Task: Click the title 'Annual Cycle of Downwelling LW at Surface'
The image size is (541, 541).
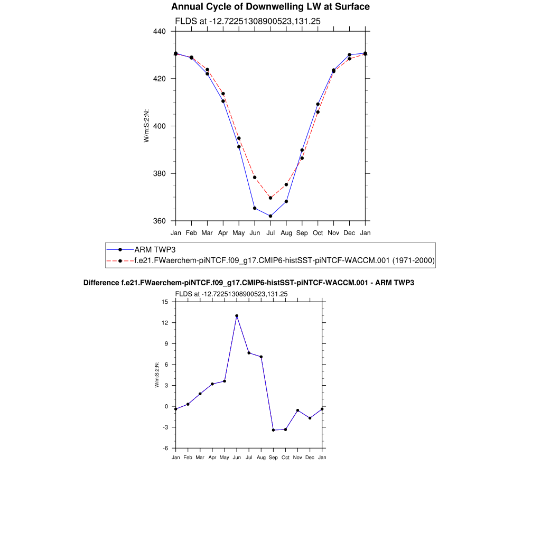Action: (x=270, y=7)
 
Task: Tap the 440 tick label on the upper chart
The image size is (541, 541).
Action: (x=160, y=31)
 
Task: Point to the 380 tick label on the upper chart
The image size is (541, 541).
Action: (x=160, y=173)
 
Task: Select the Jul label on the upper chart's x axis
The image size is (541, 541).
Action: (x=270, y=232)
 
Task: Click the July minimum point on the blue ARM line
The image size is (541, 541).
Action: (x=270, y=216)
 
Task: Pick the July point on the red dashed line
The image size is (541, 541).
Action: (x=270, y=198)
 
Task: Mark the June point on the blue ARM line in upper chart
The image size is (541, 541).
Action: (x=255, y=208)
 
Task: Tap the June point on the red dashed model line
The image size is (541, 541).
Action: (x=255, y=178)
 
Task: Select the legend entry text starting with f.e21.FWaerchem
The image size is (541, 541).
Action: (x=284, y=260)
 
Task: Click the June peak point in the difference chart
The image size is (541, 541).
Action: (x=237, y=316)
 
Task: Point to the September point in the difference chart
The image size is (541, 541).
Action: (x=273, y=430)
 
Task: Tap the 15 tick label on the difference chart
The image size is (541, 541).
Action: (x=164, y=302)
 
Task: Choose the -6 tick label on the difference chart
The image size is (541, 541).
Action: (x=164, y=448)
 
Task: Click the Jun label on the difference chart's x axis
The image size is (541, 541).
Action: (x=237, y=458)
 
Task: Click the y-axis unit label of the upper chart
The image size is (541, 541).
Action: (x=146, y=126)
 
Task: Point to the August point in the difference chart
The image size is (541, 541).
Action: (x=261, y=357)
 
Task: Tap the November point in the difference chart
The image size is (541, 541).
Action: (x=298, y=411)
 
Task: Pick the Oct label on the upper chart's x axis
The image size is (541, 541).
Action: (x=318, y=232)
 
